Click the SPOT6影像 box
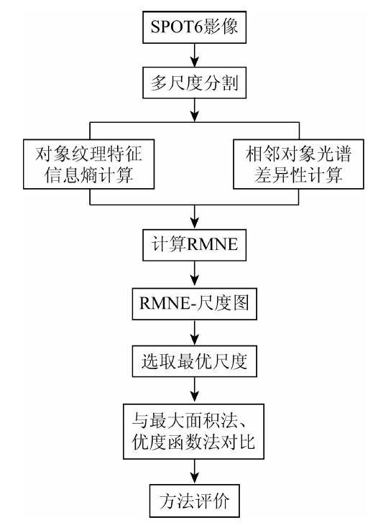click(194, 27)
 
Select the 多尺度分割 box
click(194, 83)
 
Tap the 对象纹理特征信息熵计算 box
click(89, 164)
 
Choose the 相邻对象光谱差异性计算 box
click(298, 164)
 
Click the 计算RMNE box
click(194, 245)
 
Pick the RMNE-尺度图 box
click(194, 304)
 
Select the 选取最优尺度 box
click(194, 361)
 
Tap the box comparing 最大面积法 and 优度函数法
click(194, 431)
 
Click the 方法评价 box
click(194, 501)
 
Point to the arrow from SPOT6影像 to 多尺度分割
click(194, 55)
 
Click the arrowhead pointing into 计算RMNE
click(194, 223)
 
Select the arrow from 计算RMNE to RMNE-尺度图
click(194, 274)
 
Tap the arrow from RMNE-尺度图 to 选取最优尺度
click(194, 333)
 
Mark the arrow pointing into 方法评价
click(194, 471)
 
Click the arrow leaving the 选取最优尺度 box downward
click(194, 391)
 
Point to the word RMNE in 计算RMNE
click(212, 244)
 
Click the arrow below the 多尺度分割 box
click(194, 110)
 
